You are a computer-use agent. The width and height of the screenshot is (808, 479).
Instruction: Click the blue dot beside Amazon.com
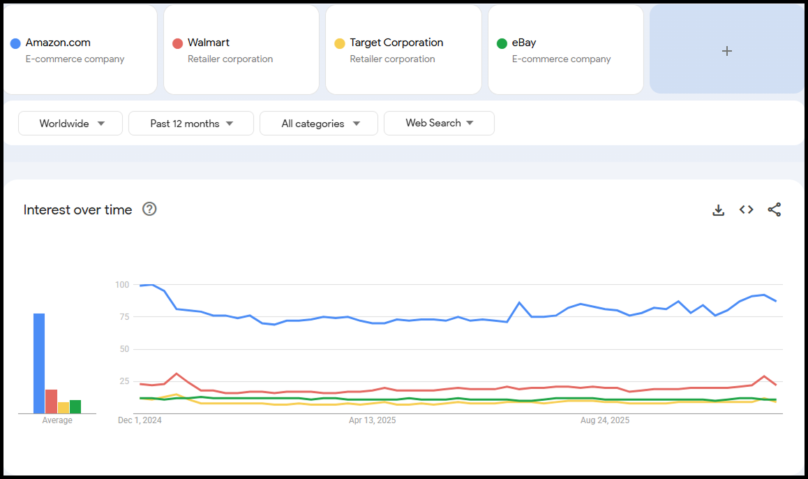click(15, 43)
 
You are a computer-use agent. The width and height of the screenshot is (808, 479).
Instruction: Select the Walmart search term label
click(208, 43)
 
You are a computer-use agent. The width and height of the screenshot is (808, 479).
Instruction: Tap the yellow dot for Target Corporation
click(340, 43)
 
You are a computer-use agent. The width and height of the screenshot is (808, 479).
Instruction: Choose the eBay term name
click(524, 43)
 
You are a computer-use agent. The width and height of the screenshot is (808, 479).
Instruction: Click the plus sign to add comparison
click(726, 51)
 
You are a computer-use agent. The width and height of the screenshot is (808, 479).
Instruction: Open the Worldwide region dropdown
click(70, 124)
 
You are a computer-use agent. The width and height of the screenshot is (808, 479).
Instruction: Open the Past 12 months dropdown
click(191, 124)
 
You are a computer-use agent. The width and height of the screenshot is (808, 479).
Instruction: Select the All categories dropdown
click(319, 124)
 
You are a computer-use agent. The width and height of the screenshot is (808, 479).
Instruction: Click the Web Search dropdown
click(439, 123)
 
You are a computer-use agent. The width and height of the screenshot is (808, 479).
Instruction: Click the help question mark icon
click(149, 209)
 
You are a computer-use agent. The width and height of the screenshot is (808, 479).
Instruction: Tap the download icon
click(718, 209)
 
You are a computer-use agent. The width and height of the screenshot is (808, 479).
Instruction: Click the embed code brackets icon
click(746, 209)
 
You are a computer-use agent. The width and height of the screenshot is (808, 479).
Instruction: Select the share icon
click(774, 209)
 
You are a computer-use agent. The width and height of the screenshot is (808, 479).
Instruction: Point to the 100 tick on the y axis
click(122, 285)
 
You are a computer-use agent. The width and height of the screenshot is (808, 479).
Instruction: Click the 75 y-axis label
click(124, 317)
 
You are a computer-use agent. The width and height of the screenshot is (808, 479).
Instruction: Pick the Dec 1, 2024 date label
click(140, 420)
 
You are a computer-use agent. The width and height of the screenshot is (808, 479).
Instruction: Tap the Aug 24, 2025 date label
click(605, 420)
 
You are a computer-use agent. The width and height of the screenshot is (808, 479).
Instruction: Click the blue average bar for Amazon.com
click(39, 363)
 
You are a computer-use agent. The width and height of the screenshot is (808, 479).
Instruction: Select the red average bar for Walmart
click(51, 401)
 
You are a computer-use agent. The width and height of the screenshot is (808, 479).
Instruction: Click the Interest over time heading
click(77, 209)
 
